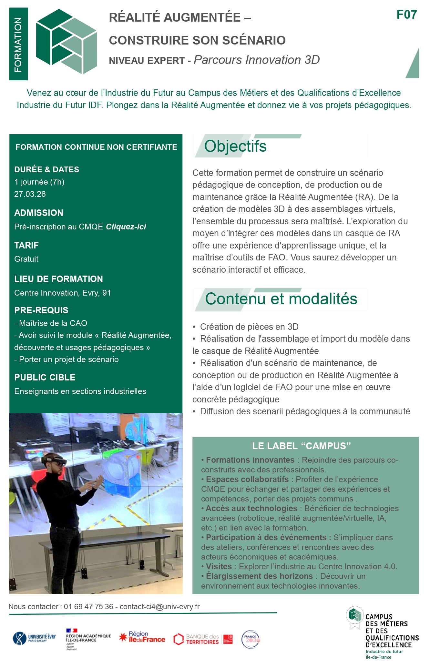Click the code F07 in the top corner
pyautogui.click(x=406, y=15)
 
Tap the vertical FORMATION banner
pyautogui.click(x=18, y=44)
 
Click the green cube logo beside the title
pyautogui.click(x=67, y=41)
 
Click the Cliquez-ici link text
pyautogui.click(x=126, y=227)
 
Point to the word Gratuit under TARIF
pyautogui.click(x=26, y=259)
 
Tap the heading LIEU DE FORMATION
pyautogui.click(x=58, y=279)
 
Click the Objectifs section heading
pyautogui.click(x=235, y=146)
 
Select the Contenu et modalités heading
pyautogui.click(x=281, y=299)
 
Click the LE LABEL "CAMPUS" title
pyautogui.click(x=301, y=446)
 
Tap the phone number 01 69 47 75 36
pyautogui.click(x=88, y=607)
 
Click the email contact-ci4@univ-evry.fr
pyautogui.click(x=160, y=607)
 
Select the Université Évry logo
pyautogui.click(x=34, y=638)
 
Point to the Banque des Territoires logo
pyautogui.click(x=203, y=639)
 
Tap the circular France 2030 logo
pyautogui.click(x=251, y=639)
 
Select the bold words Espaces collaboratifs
pyautogui.click(x=247, y=480)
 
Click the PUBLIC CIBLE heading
pyautogui.click(x=45, y=378)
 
